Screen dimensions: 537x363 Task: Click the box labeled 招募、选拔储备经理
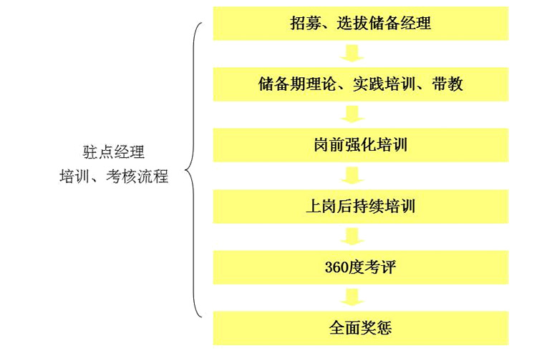[361, 24]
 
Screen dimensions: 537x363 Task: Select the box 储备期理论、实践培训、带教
[361, 84]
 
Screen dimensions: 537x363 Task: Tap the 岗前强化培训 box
[361, 145]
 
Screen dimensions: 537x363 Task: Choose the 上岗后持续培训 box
[361, 207]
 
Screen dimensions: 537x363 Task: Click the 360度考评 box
[361, 267]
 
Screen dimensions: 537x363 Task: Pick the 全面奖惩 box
[361, 328]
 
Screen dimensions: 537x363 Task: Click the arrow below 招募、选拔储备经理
[352, 53]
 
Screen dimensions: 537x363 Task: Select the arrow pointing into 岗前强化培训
[352, 114]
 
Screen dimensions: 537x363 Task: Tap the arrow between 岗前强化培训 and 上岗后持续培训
[352, 175]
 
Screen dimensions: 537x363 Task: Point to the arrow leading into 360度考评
[352, 237]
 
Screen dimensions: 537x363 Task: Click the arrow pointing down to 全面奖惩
[352, 297]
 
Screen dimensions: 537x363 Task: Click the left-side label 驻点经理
[114, 152]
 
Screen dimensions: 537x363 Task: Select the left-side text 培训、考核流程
[114, 176]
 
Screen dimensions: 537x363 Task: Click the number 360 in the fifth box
[336, 267]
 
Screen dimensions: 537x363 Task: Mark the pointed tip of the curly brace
[185, 170]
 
